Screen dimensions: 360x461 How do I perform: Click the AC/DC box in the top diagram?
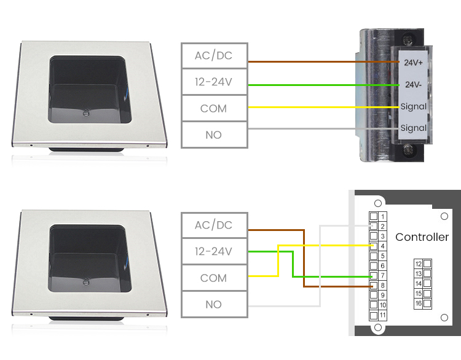tap(214, 56)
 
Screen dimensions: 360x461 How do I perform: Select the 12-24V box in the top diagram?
tap(214, 82)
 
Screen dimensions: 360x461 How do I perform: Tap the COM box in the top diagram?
tap(214, 109)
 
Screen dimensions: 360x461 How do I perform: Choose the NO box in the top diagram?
tap(214, 135)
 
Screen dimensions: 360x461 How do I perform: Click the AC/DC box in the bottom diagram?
tap(214, 225)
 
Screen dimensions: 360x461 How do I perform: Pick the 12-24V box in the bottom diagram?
tap(214, 251)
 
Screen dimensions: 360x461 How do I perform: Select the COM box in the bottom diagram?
tap(214, 278)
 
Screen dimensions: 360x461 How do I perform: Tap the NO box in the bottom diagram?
tap(214, 304)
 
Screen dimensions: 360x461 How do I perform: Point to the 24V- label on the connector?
tap(412, 85)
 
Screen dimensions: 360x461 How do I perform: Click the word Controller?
tap(422, 237)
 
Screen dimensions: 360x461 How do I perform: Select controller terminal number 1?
tap(374, 217)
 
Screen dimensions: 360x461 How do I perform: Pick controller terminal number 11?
tap(374, 315)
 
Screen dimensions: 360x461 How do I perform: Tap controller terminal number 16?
tap(427, 303)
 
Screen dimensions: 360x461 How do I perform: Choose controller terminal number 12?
tap(427, 264)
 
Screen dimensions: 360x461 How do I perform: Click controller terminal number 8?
tap(374, 286)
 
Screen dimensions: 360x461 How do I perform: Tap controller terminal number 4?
tap(374, 246)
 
